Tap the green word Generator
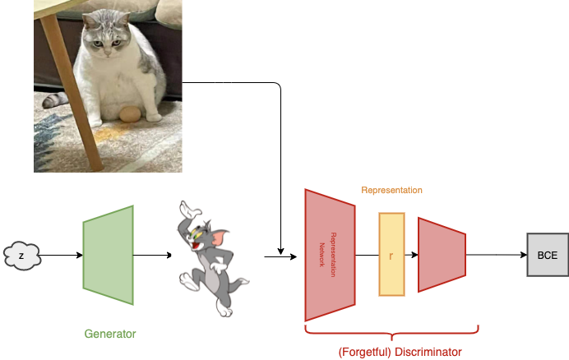110,335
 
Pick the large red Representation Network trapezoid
329,255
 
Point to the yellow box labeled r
391,255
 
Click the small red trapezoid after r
442,255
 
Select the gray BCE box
547,255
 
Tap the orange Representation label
391,190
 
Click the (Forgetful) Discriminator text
400,352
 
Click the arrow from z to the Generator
61,255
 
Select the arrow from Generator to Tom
152,255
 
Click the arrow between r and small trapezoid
411,255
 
